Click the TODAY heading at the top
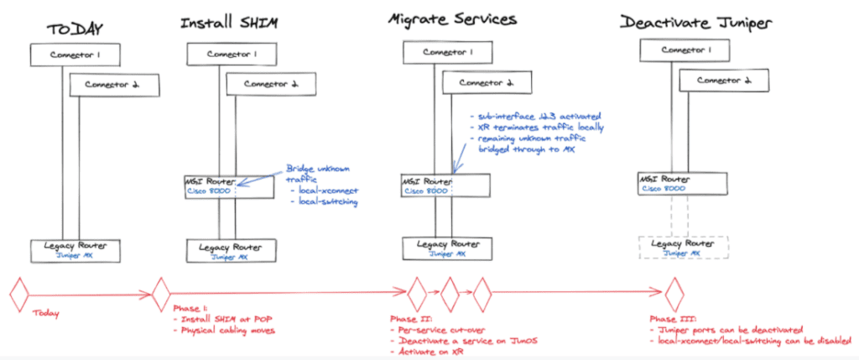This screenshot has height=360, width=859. pos(75,29)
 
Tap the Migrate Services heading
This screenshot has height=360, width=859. pos(452,19)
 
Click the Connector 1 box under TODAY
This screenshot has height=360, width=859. pos(75,55)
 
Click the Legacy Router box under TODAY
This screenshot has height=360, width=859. pos(75,249)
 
